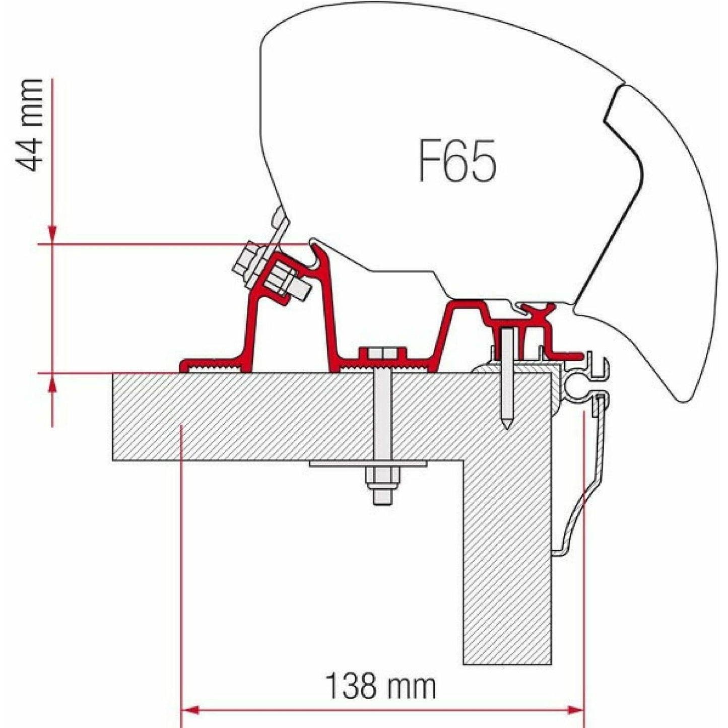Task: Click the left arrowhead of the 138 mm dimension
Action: click(188, 710)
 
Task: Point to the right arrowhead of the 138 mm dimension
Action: click(576, 710)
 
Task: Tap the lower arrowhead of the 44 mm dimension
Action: click(52, 385)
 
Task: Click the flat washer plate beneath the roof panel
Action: click(368, 464)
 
